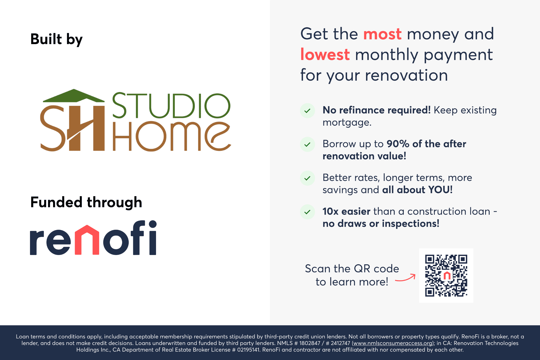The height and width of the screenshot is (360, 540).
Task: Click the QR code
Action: click(446, 275)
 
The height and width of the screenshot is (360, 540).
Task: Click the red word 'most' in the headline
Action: click(382, 34)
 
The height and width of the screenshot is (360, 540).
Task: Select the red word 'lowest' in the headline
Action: click(325, 55)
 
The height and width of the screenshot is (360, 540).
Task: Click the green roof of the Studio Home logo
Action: click(74, 96)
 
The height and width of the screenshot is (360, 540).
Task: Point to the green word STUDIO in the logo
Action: click(171, 106)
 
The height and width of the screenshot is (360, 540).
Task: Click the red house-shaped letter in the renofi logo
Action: click(87, 240)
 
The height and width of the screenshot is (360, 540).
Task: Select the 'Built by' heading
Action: click(56, 39)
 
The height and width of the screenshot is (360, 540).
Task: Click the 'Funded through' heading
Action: click(86, 202)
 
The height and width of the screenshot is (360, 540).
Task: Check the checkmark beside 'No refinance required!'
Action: click(307, 111)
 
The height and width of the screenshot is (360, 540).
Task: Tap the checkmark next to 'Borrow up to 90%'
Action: click(307, 144)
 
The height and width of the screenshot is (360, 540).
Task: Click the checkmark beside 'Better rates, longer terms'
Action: click(307, 178)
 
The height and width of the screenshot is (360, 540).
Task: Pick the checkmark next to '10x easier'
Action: click(307, 212)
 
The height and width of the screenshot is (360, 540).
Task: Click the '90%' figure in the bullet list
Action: click(398, 144)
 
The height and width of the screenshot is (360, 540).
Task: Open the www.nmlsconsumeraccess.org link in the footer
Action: click(392, 343)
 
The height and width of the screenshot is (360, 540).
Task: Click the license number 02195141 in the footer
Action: click(248, 350)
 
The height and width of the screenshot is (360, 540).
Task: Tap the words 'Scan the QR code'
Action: click(352, 268)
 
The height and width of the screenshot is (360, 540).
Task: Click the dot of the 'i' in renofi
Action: click(153, 224)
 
